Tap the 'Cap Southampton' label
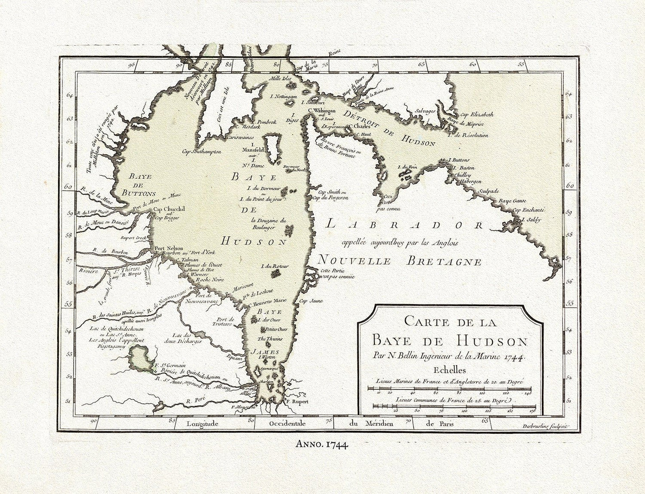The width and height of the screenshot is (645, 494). point(202,152)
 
